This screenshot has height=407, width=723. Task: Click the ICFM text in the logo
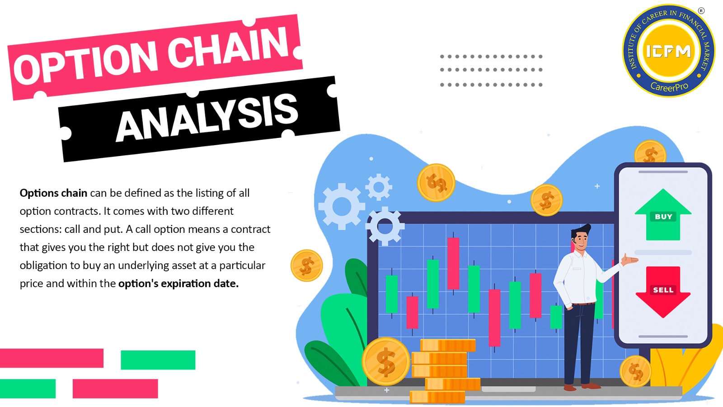[x=668, y=51]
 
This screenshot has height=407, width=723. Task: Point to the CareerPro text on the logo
[x=669, y=86]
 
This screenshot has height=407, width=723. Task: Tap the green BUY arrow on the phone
[x=663, y=215]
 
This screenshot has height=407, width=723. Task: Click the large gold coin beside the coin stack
[x=386, y=362]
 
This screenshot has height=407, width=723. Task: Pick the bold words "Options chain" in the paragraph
[x=53, y=193]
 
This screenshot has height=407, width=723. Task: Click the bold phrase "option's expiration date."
[x=178, y=284]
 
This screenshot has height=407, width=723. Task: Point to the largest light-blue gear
[x=342, y=206]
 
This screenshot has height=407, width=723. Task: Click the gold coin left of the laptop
[x=306, y=266]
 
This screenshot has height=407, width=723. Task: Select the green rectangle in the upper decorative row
[x=158, y=360]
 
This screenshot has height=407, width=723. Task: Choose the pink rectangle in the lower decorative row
[x=115, y=388]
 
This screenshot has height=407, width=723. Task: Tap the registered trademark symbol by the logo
[x=701, y=11]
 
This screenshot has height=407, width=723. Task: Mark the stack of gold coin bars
[x=445, y=371]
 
